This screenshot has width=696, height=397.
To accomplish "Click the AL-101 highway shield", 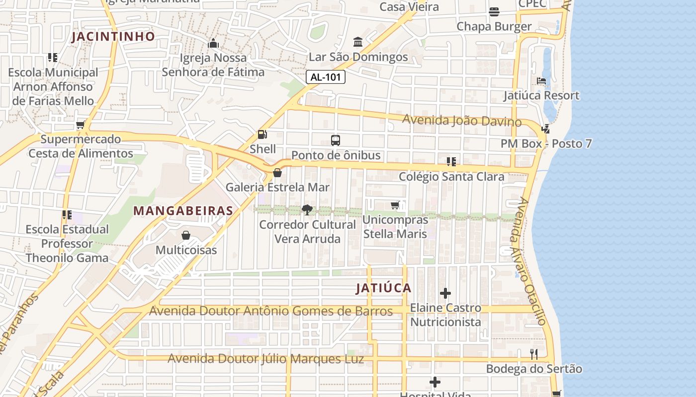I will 325,77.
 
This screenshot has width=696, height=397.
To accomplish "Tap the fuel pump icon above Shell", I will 262,134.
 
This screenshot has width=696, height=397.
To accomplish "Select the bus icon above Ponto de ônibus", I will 336,140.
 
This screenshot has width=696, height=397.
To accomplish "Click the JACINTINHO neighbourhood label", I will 113,36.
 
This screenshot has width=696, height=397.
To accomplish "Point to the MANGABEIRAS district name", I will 183,210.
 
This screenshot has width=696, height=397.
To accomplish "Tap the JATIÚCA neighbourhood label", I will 383,288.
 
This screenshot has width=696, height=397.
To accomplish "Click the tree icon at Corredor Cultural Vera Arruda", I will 307,209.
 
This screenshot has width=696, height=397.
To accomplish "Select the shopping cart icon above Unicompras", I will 395,205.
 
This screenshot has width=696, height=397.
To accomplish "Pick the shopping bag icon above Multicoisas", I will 186,235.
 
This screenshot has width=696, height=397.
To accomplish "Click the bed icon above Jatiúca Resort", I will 541,80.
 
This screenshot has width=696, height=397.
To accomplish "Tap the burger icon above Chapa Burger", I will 494,11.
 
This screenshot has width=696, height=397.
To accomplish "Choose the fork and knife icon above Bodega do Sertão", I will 534,354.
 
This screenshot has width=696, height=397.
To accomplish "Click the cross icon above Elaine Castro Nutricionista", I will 445,293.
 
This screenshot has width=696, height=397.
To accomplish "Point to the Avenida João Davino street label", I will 461,120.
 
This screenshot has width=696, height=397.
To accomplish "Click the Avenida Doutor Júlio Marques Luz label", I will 265,358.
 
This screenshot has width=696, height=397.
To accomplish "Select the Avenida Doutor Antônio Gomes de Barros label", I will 271,311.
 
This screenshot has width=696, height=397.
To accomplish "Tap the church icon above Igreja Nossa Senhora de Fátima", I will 213,43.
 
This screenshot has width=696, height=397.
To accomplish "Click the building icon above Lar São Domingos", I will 358,42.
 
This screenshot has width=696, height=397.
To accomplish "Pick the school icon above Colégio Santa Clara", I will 451,161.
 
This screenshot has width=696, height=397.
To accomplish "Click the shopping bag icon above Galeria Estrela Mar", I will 277,173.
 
